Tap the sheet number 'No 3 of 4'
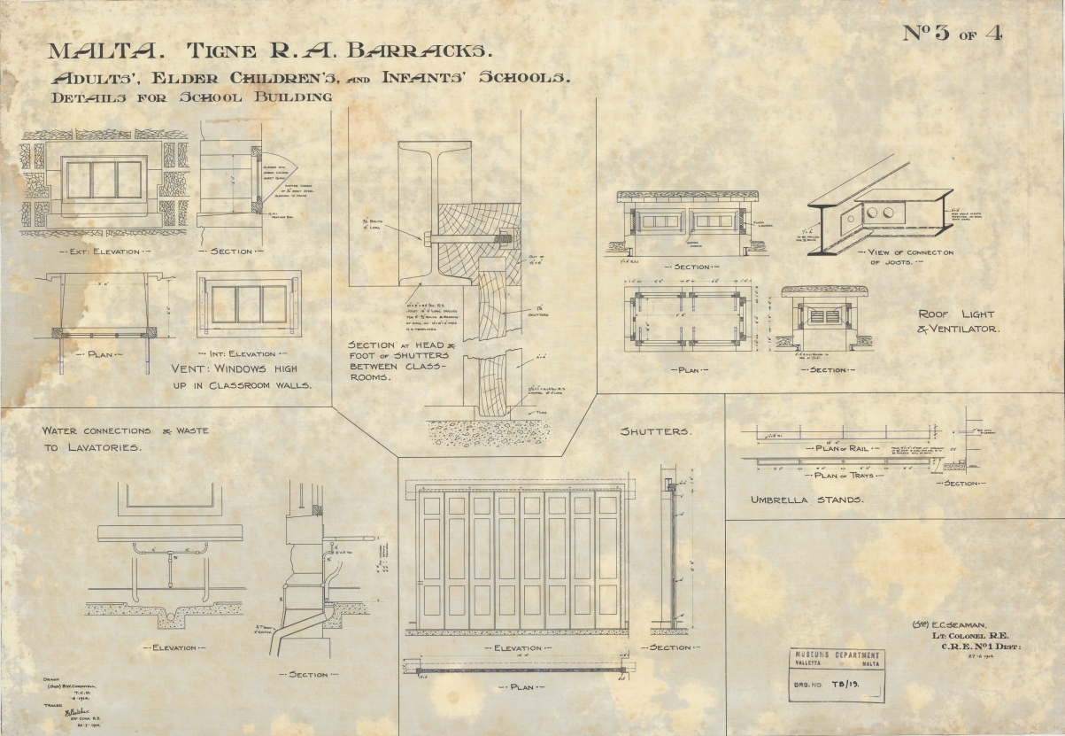953,33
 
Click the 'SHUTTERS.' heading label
657,431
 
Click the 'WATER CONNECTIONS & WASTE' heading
125,430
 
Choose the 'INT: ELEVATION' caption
248,353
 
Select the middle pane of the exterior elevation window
104,180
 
